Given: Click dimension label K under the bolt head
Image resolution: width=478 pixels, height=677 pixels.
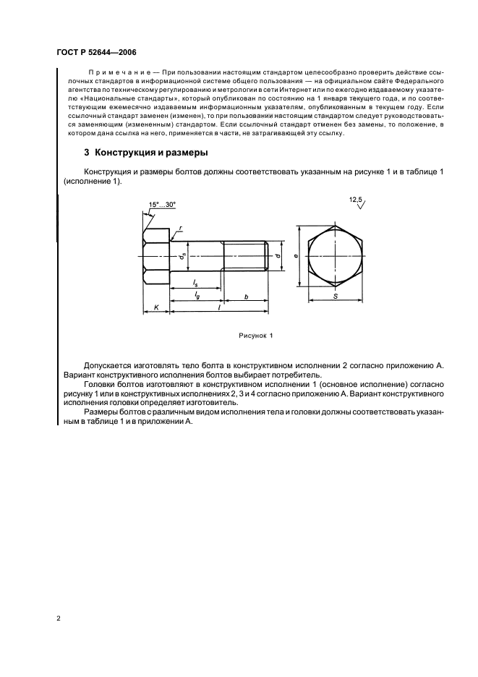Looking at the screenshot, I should tap(156, 307).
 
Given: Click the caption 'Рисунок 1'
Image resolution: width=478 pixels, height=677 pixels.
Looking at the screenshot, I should tap(255, 336).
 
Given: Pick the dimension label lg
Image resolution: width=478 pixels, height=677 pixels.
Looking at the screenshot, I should tap(197, 297).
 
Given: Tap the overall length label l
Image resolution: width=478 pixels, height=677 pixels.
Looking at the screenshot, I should tap(219, 307).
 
